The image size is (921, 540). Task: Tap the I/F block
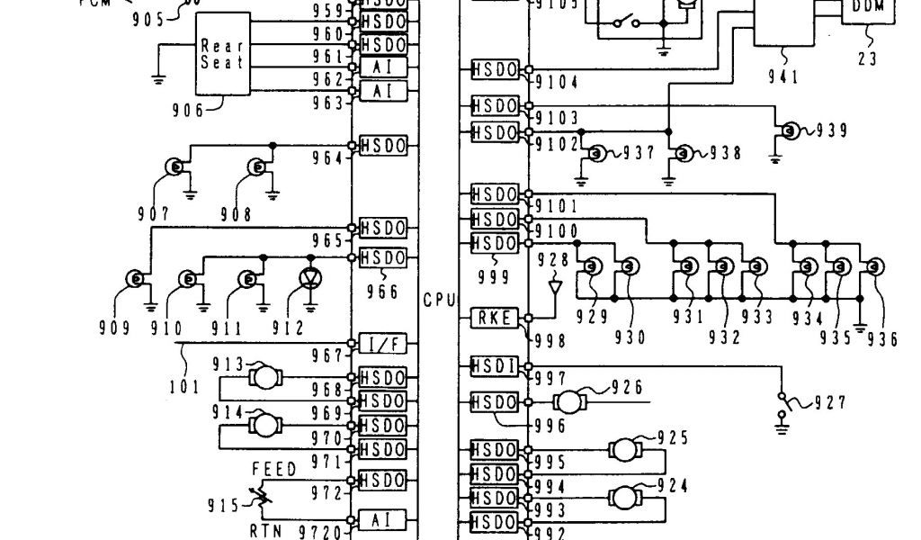(383, 343)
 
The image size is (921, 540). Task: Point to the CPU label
(439, 300)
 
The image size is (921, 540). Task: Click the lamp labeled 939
(791, 130)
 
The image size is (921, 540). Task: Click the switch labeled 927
(784, 403)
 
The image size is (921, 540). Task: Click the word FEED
(274, 470)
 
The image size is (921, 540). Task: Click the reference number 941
(782, 77)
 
